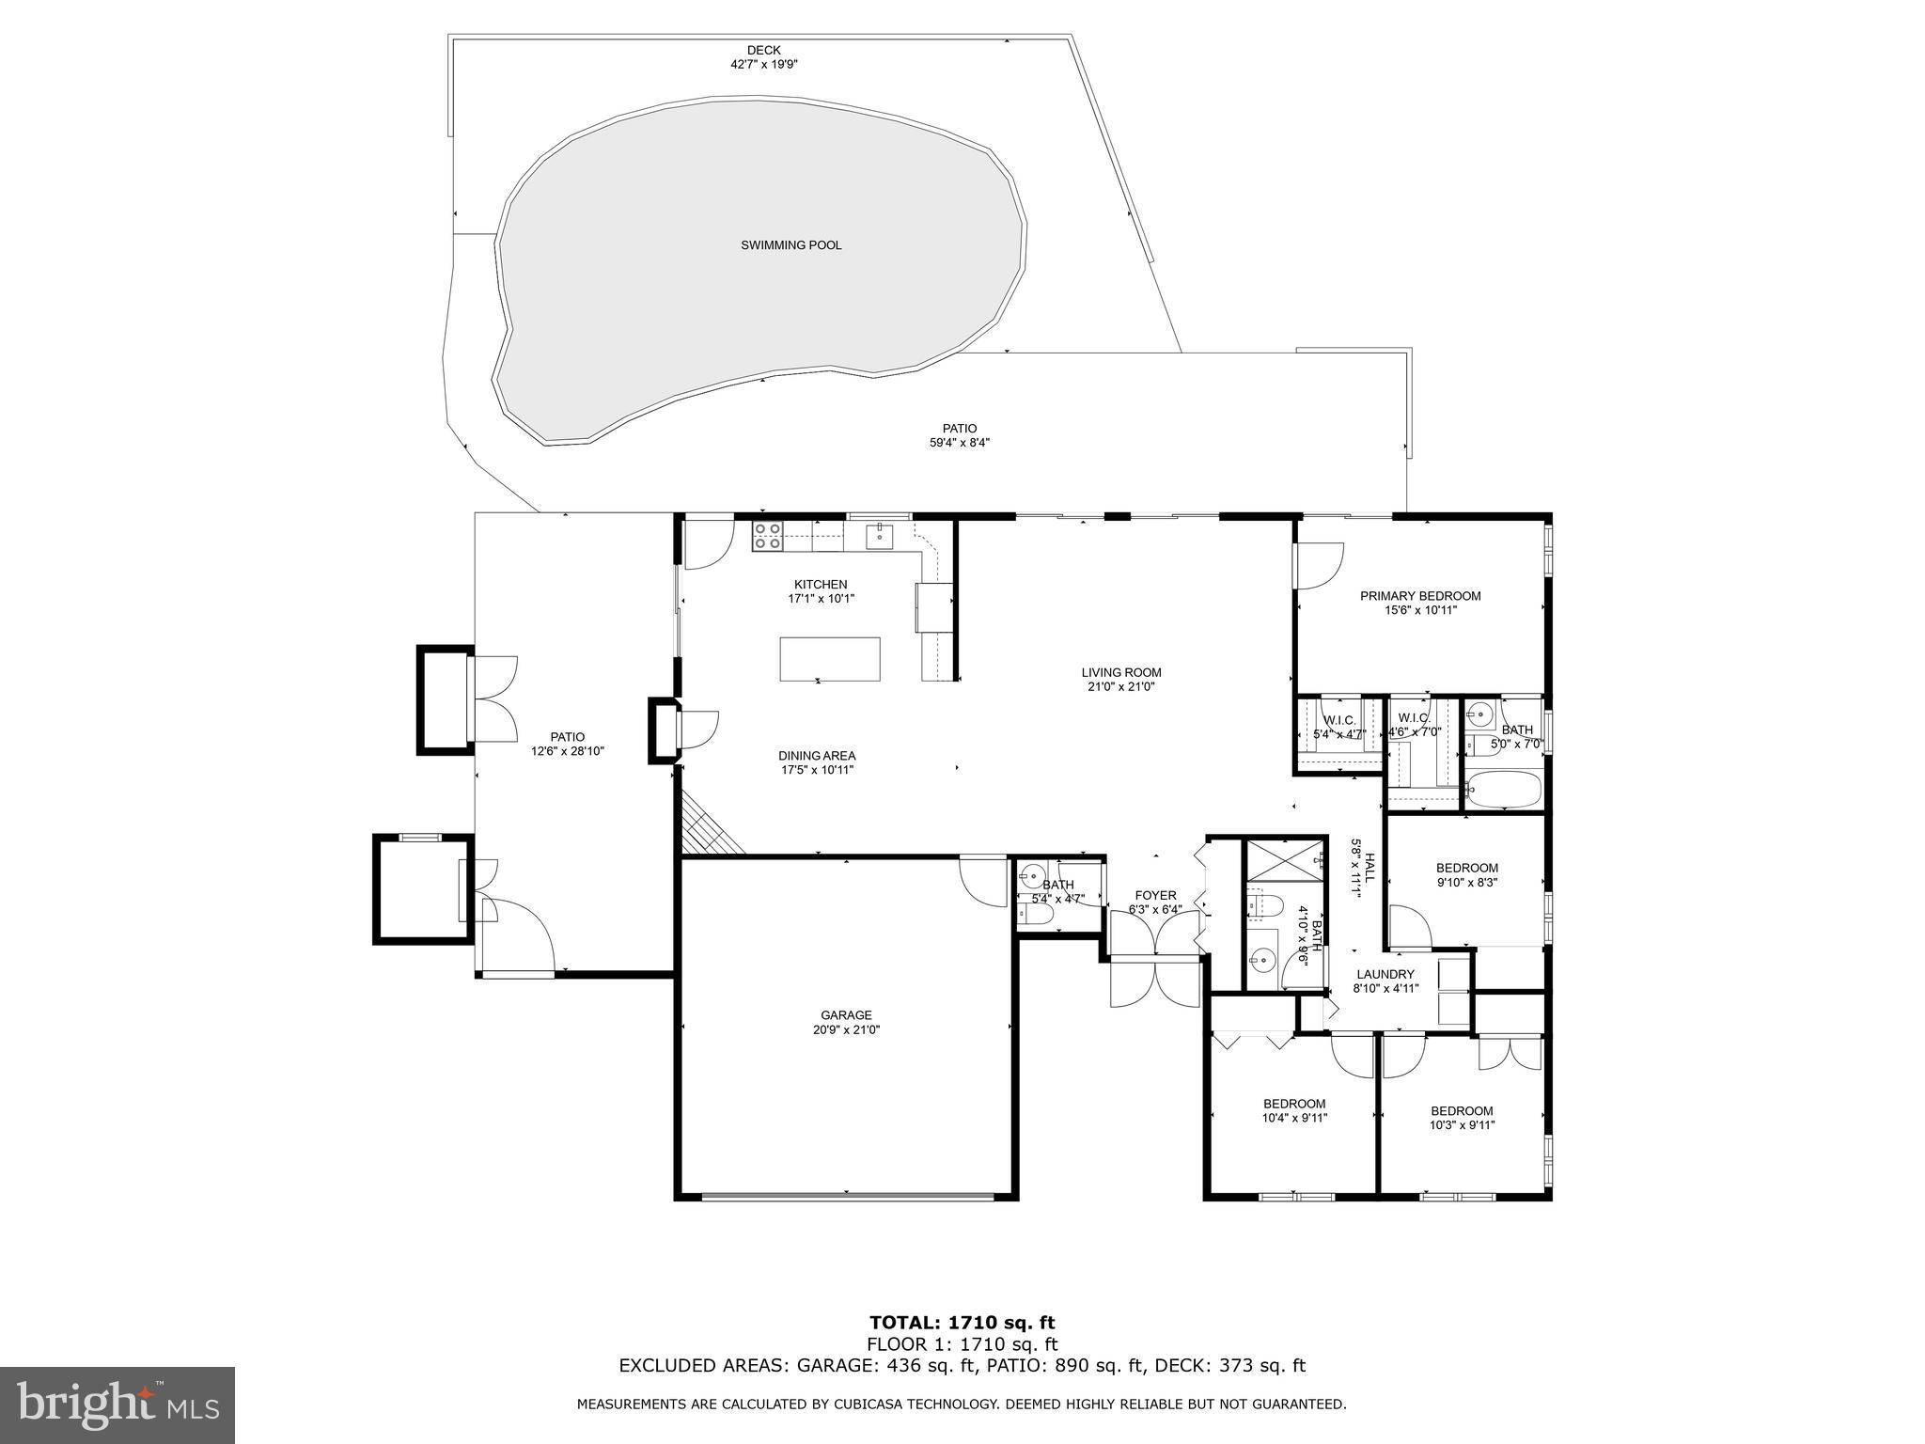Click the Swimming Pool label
pos(790,245)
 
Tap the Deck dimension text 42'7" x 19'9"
pos(763,65)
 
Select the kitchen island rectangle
pos(830,658)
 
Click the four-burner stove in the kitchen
pos(767,536)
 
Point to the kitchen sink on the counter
pos(879,537)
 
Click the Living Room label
pos(1120,672)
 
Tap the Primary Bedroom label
pos(1420,596)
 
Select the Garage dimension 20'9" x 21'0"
pos(846,1029)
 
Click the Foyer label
pos(1155,895)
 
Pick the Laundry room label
pos(1385,974)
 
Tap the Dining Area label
pos(817,756)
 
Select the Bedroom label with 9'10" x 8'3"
pos(1466,868)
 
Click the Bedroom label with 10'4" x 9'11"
pos(1294,1104)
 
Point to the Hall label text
pos(1370,867)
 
